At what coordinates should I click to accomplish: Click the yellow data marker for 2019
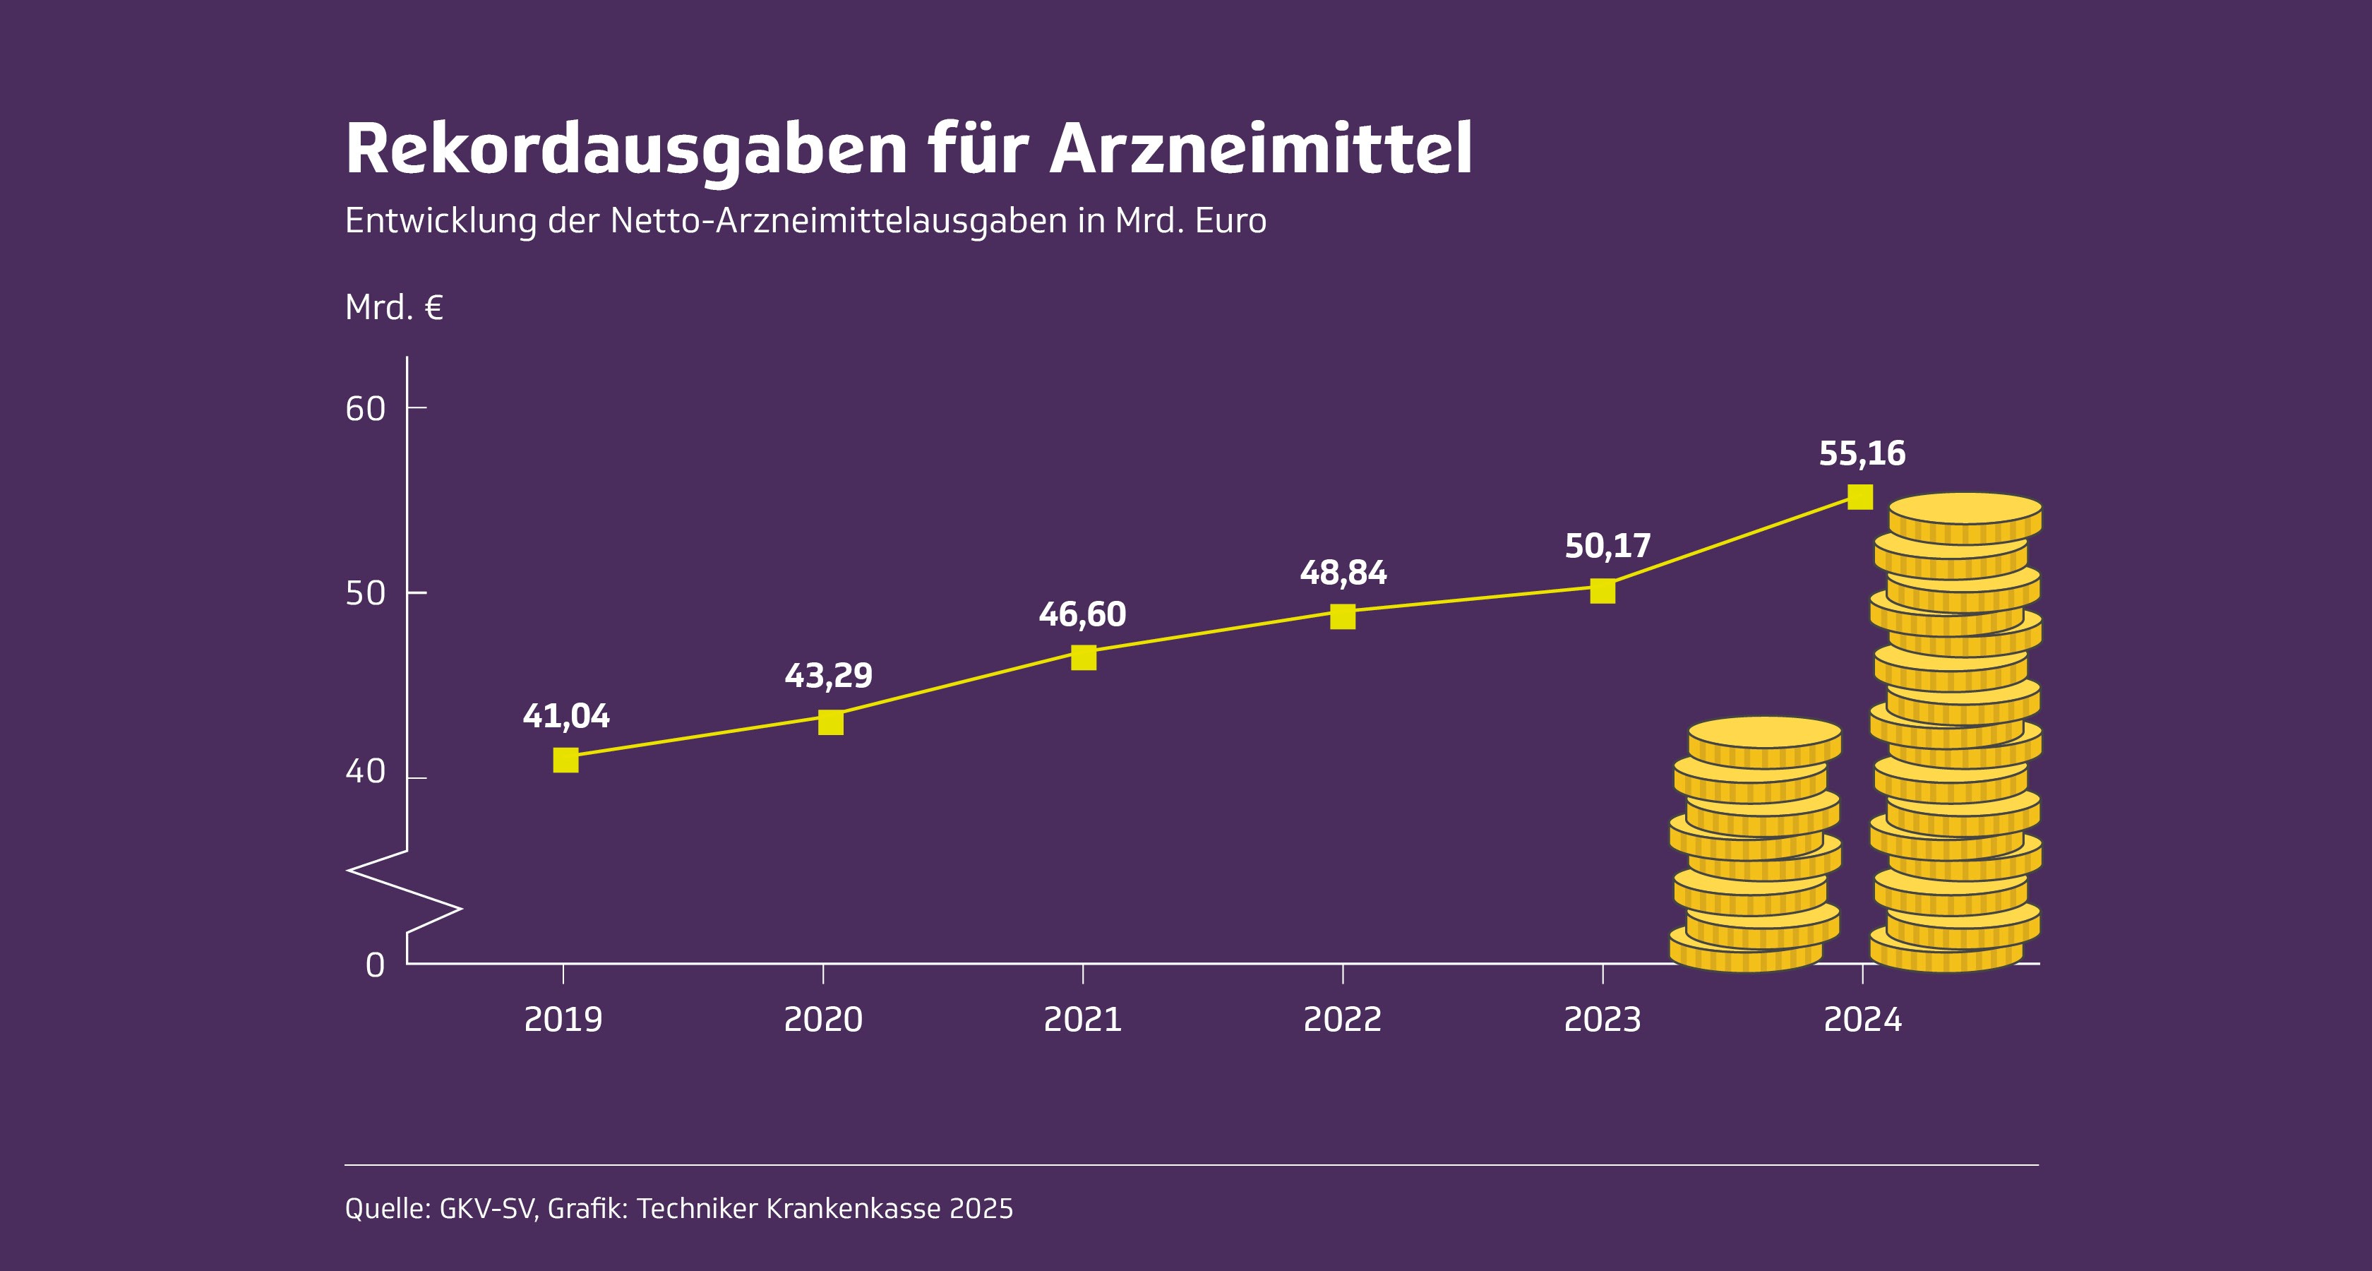coord(565,760)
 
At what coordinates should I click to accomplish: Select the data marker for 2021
coord(1084,657)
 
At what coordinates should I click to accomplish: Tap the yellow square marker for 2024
coord(1860,497)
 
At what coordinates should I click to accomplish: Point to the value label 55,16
coord(1862,454)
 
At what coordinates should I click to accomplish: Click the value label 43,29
coord(828,676)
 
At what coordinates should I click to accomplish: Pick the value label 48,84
coord(1343,573)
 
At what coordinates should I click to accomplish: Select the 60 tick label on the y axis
coord(366,409)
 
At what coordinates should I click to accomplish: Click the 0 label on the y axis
coord(375,965)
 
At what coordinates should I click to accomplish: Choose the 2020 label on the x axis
coord(822,1020)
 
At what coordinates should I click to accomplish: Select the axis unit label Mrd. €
coord(393,308)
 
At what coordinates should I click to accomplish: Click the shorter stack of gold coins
coord(1755,847)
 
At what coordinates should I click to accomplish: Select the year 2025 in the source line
coord(981,1208)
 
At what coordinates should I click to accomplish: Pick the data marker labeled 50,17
coord(1603,591)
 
